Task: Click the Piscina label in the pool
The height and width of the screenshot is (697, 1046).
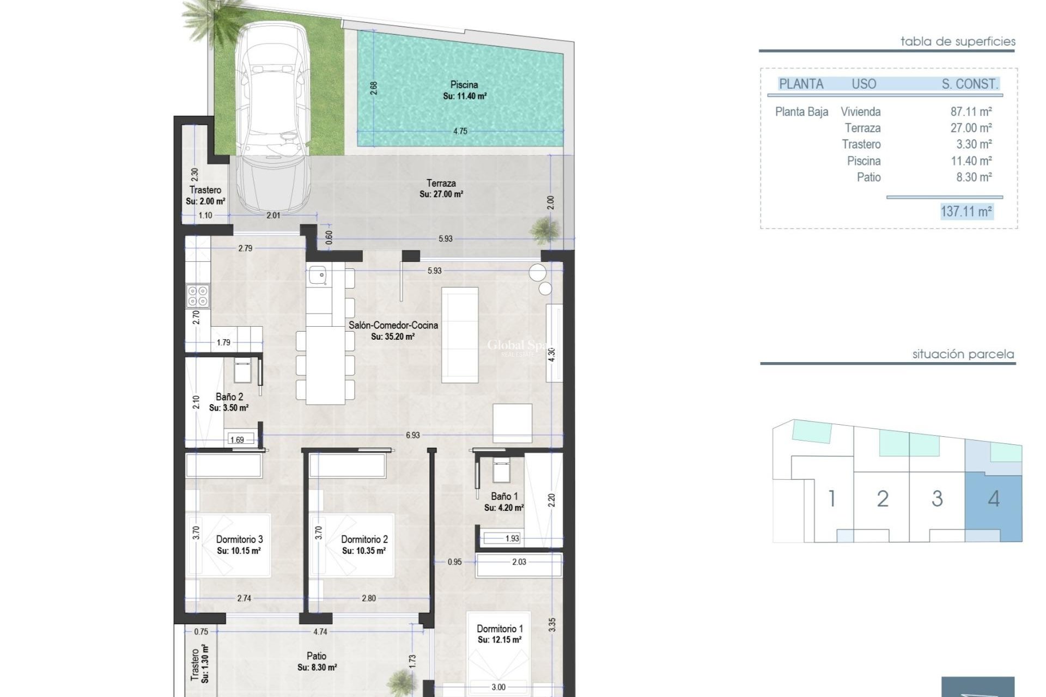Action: pyautogui.click(x=464, y=85)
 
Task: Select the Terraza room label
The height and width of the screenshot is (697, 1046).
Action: pyautogui.click(x=441, y=184)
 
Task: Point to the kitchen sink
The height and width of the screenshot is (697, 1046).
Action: pyautogui.click(x=317, y=275)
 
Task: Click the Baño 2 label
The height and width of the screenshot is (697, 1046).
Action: pyautogui.click(x=229, y=397)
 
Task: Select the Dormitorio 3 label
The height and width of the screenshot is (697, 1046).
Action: pyautogui.click(x=239, y=540)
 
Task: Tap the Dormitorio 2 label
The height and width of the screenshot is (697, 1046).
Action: pyautogui.click(x=364, y=540)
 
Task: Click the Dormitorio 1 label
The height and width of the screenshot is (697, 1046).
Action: pyautogui.click(x=500, y=629)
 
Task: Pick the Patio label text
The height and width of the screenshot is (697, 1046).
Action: pyautogui.click(x=317, y=656)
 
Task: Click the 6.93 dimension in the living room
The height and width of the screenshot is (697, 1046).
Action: pyautogui.click(x=412, y=435)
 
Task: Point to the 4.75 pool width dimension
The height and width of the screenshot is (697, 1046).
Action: pyautogui.click(x=460, y=131)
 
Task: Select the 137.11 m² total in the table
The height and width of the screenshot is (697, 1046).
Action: pyautogui.click(x=966, y=211)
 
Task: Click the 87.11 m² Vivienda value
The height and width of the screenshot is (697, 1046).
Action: pyautogui.click(x=971, y=112)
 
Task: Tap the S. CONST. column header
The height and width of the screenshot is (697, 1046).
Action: pyautogui.click(x=970, y=84)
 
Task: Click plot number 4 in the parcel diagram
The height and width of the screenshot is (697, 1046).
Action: pyautogui.click(x=994, y=499)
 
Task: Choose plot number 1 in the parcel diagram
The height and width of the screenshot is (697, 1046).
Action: pyautogui.click(x=831, y=499)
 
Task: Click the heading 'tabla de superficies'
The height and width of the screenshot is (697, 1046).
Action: pyautogui.click(x=958, y=41)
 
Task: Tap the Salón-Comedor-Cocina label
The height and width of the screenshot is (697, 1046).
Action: pyautogui.click(x=393, y=325)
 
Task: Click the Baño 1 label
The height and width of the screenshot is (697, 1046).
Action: pyautogui.click(x=504, y=497)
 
